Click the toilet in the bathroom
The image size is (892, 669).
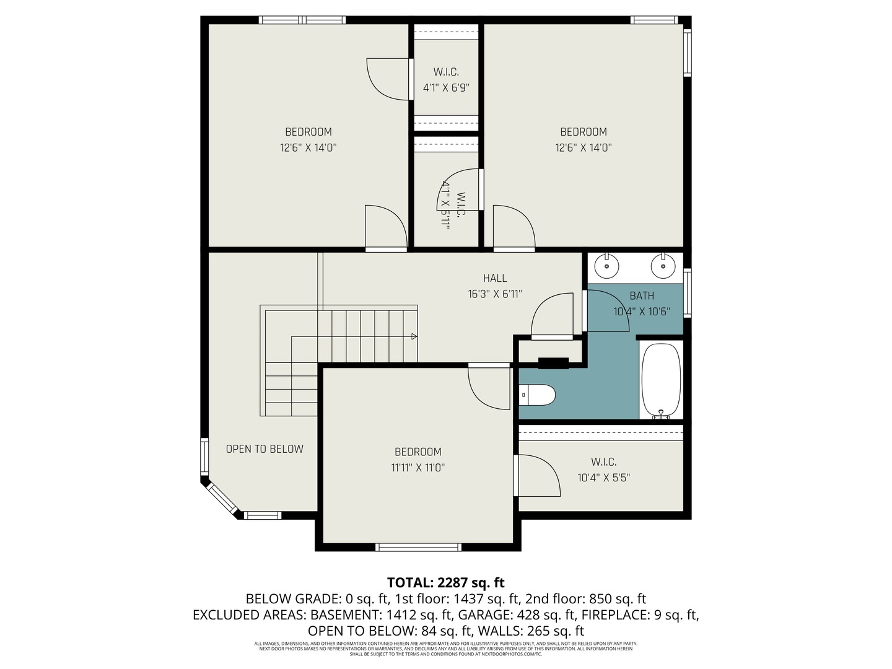coord(537,395)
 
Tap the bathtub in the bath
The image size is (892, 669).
coord(661,379)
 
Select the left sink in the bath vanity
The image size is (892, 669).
coord(606,266)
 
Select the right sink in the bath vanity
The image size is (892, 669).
coord(662,266)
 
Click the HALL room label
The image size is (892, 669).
coord(495,279)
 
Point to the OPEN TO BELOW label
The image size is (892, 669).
coord(265,449)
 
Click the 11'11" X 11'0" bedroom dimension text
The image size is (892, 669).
coord(418,468)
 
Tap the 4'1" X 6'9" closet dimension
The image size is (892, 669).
coord(446,88)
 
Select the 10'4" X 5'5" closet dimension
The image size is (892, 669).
coord(603,478)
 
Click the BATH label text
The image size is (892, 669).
coord(642,296)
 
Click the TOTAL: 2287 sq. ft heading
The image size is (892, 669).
coord(445,583)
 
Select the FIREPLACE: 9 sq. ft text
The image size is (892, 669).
coord(642,615)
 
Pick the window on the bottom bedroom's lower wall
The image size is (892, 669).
coord(419,547)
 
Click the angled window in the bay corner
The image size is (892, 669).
coord(221,500)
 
